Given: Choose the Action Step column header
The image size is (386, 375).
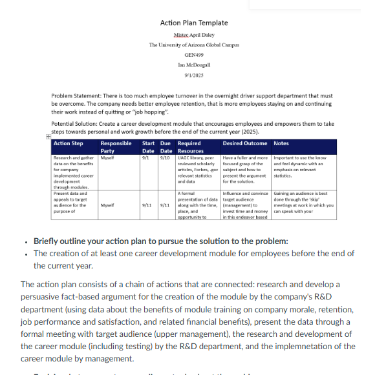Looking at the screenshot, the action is (x=68, y=143).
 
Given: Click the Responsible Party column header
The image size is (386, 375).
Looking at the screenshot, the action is (x=116, y=147).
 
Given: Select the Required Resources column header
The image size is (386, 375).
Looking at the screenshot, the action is (x=189, y=147).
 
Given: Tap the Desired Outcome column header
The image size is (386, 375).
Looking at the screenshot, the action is (x=246, y=143).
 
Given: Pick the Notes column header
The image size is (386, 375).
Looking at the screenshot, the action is (x=282, y=143).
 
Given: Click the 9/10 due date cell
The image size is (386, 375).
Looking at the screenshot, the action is (x=164, y=157).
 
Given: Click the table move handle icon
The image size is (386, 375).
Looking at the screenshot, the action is (x=48, y=137).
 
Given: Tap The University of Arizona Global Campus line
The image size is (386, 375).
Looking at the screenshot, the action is (x=194, y=45).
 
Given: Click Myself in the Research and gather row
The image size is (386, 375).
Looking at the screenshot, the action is (x=107, y=157).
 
